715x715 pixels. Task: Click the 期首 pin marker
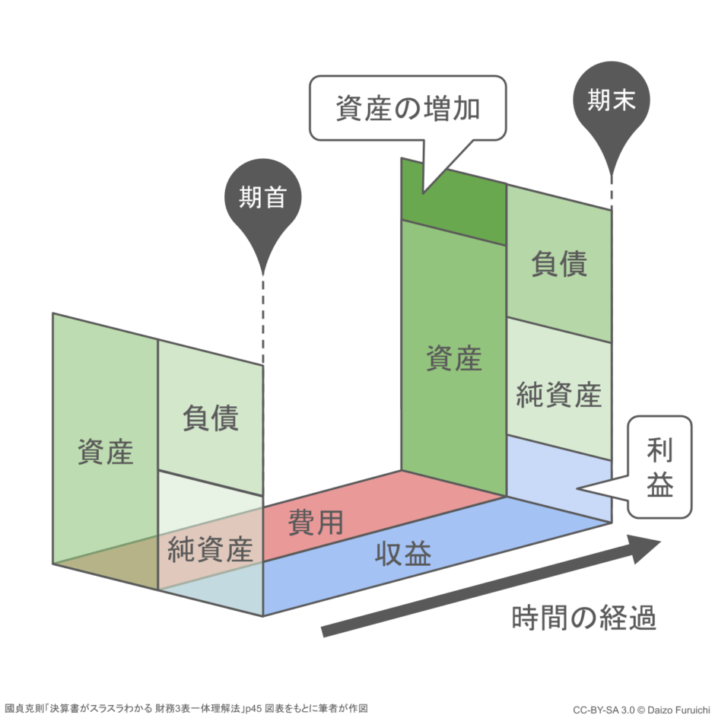tap(262, 199)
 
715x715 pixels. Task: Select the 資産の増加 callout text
tap(408, 110)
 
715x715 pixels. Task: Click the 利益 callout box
tap(660, 467)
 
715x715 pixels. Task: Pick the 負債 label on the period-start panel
tap(210, 418)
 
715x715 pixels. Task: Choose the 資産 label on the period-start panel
tap(105, 452)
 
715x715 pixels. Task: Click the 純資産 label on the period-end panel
tap(559, 395)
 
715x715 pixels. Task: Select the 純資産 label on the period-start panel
tap(210, 549)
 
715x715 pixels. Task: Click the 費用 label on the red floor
tap(316, 523)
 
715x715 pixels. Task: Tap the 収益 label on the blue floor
tap(403, 555)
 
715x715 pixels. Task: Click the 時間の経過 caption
tap(583, 618)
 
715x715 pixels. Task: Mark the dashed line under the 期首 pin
tap(262, 319)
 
